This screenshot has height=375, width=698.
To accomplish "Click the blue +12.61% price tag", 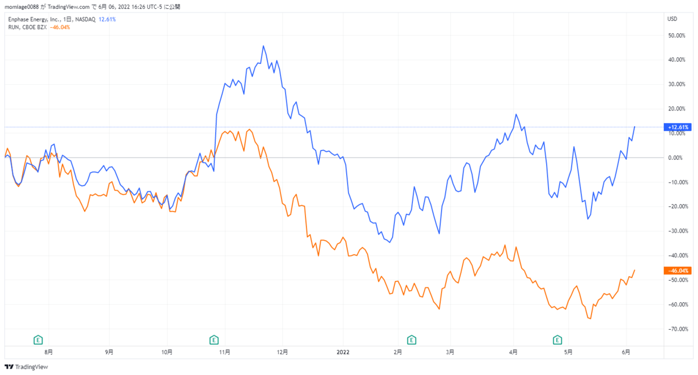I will (x=676, y=127).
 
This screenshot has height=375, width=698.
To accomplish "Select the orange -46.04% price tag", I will (x=676, y=270).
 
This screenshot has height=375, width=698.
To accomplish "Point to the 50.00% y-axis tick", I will (x=675, y=35).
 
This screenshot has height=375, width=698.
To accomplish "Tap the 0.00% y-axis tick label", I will (x=675, y=158).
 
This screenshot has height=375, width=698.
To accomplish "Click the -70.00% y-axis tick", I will (x=675, y=329).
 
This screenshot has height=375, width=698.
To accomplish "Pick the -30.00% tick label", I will (x=675, y=231).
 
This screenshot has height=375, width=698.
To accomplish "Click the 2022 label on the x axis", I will (x=343, y=352).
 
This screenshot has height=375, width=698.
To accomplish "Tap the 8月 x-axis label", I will (x=49, y=352).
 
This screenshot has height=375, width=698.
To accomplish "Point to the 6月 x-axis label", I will (x=625, y=352).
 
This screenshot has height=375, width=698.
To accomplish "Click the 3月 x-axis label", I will (x=450, y=352).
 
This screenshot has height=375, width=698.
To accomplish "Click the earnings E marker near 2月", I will (x=412, y=339).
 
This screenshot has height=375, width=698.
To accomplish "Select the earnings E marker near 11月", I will (x=213, y=339).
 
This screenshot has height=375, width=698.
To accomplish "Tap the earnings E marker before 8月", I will (x=38, y=339).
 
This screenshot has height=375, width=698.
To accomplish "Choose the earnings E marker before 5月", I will (x=557, y=339).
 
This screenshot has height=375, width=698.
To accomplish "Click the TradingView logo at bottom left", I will (x=26, y=367).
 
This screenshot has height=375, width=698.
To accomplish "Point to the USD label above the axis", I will (x=672, y=19).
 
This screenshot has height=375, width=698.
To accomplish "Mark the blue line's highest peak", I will (x=263, y=46).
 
